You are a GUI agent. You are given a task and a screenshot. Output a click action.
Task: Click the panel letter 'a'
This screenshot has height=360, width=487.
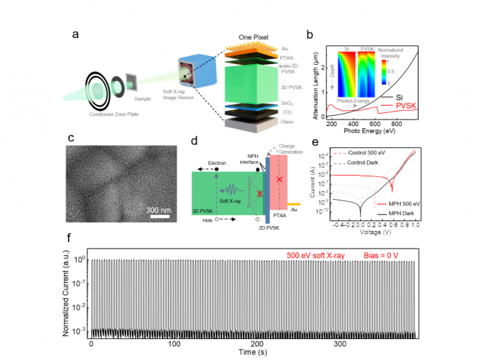74,34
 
